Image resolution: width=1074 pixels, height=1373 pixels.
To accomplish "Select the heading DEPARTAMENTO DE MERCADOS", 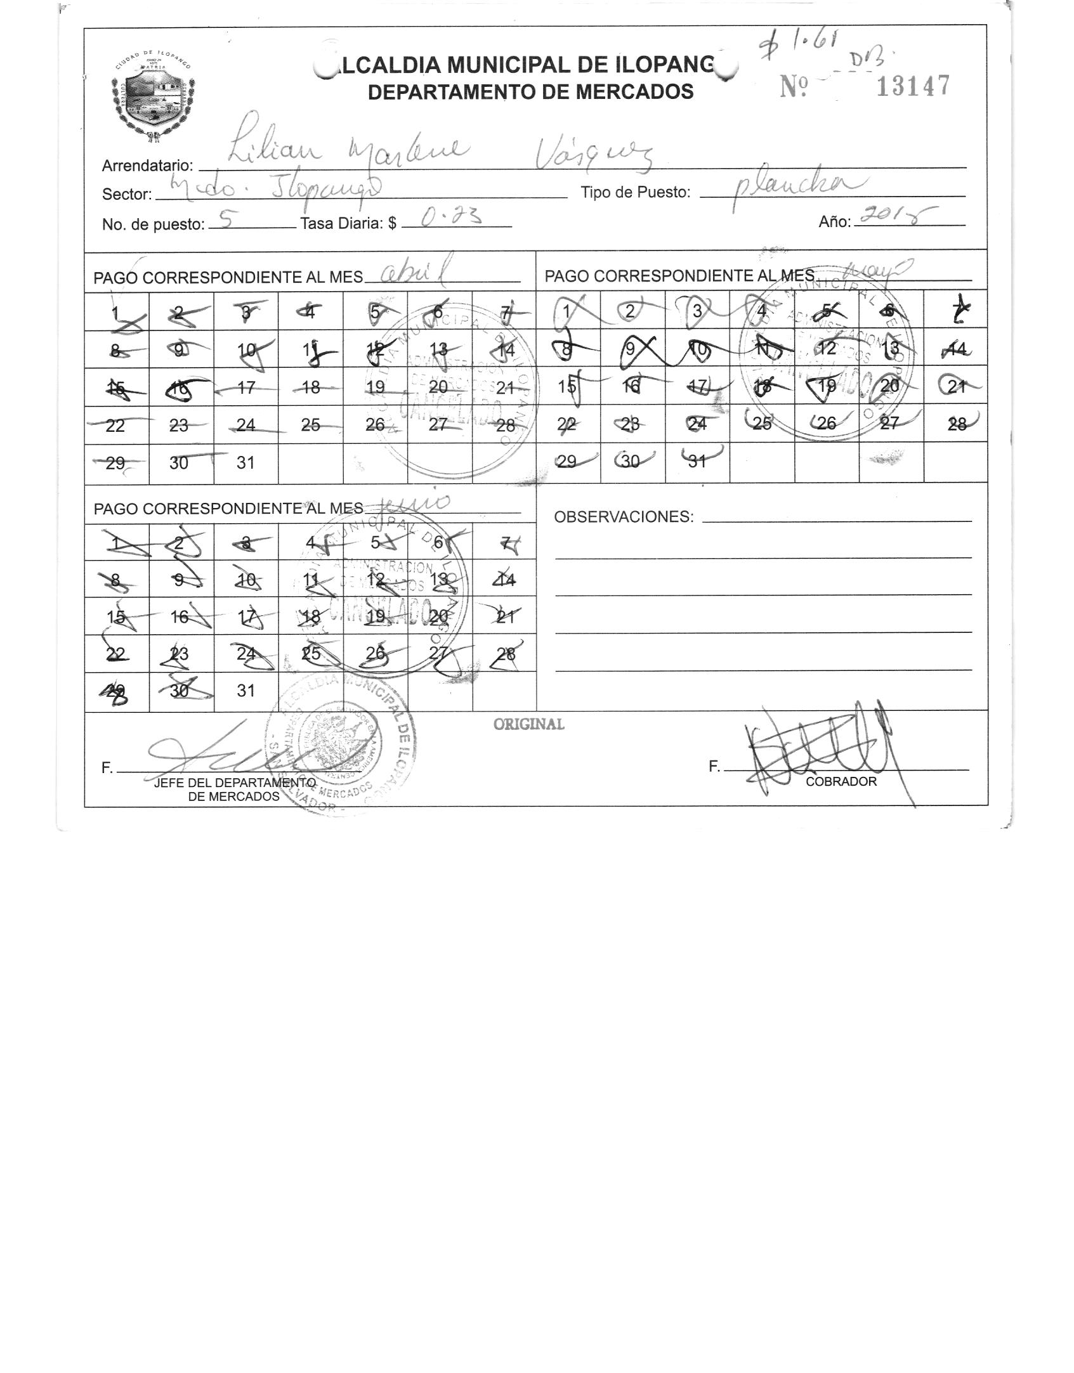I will (530, 92).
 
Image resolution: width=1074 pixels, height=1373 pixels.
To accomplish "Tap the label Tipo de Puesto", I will (635, 192).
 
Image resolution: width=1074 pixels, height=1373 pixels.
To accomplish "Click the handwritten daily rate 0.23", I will (451, 219).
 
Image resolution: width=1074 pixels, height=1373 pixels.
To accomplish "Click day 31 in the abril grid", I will (246, 463).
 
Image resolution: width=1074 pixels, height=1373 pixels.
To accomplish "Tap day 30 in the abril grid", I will (179, 463).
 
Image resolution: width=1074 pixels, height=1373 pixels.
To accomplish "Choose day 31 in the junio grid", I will (246, 691).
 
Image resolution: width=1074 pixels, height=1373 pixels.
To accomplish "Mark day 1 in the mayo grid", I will (566, 311).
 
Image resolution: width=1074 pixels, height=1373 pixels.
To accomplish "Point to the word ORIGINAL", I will (528, 724).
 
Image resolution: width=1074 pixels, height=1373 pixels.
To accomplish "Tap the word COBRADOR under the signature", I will (841, 781).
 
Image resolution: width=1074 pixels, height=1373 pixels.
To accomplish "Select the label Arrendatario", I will (147, 166).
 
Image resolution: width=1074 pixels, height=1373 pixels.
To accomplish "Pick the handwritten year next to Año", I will (893, 218).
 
